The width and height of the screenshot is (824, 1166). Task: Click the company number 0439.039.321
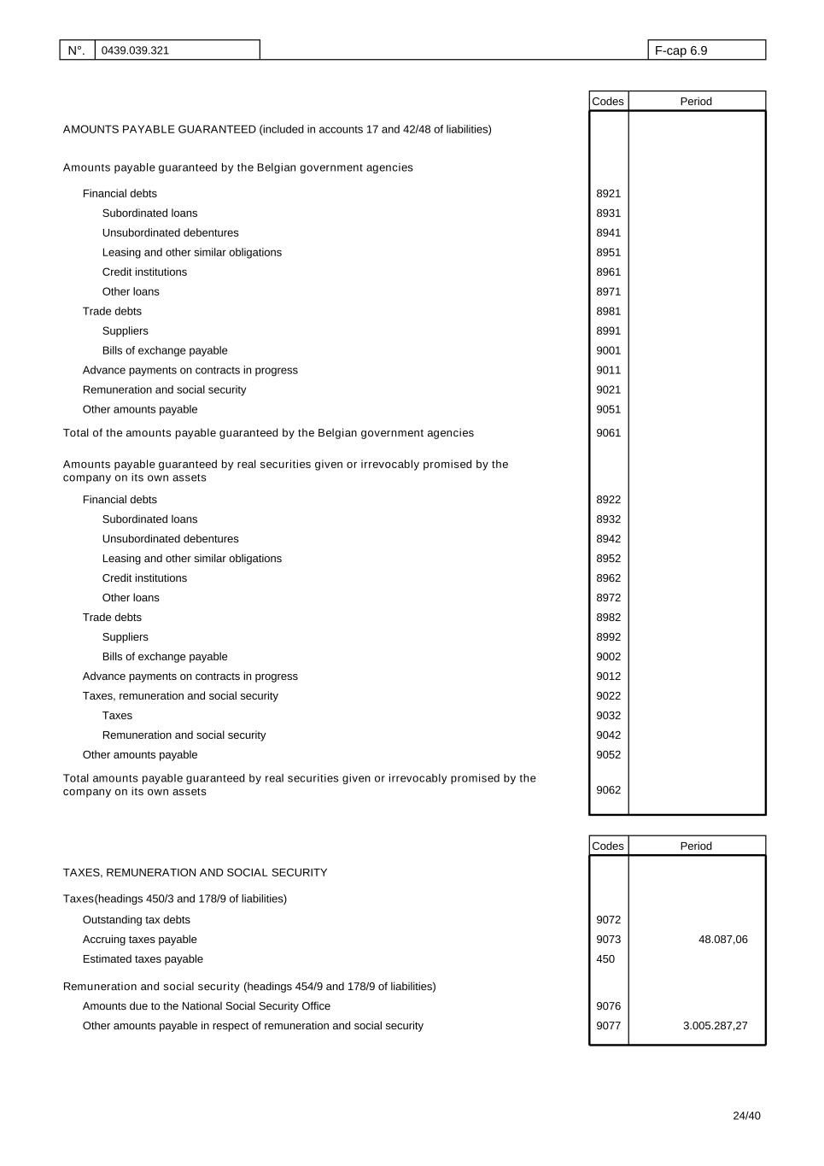tap(135, 50)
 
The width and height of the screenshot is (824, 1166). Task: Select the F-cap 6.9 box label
tap(681, 50)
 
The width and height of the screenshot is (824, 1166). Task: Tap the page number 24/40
tap(746, 1116)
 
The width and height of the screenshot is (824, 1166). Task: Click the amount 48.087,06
tap(722, 940)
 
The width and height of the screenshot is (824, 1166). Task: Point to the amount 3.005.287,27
tap(715, 1026)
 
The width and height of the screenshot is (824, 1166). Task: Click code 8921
tap(608, 194)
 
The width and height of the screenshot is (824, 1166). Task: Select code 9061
tap(608, 433)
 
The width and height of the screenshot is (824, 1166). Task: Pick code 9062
tap(608, 790)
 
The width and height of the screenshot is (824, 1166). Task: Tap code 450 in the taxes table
tap(605, 959)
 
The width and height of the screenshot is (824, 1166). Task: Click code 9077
tap(608, 1026)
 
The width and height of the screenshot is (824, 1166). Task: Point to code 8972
tap(608, 598)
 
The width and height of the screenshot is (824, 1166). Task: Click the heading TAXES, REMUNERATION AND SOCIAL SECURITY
tap(195, 873)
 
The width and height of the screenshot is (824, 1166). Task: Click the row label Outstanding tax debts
tap(137, 920)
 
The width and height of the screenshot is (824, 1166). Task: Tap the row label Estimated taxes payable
tap(143, 959)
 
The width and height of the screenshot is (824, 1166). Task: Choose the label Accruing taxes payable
tap(139, 940)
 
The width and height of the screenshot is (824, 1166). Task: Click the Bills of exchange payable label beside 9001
tap(165, 351)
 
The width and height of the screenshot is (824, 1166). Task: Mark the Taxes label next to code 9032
tap(117, 716)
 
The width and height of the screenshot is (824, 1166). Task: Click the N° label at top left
tap(76, 50)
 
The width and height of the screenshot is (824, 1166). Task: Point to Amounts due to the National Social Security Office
tap(206, 1006)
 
